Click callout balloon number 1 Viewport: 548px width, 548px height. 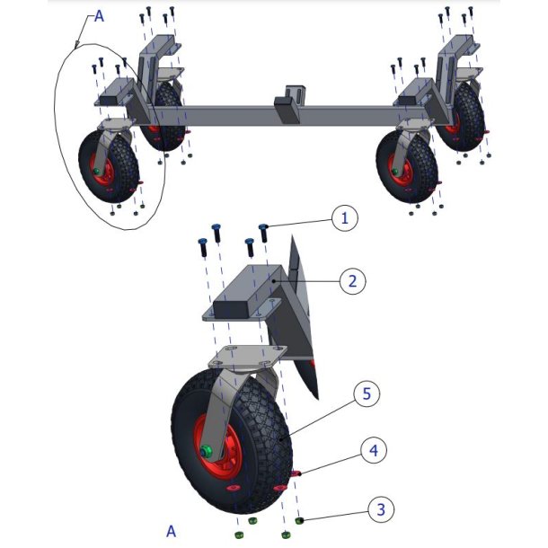pyautogui.click(x=344, y=218)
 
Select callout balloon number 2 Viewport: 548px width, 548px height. pyautogui.click(x=352, y=281)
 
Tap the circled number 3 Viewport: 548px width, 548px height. pyautogui.click(x=381, y=509)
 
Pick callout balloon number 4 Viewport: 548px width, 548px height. pyautogui.click(x=374, y=450)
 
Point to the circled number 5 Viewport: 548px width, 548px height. pyautogui.click(x=367, y=393)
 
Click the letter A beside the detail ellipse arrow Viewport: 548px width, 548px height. pyautogui.click(x=99, y=16)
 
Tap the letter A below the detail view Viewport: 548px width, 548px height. pyautogui.click(x=171, y=532)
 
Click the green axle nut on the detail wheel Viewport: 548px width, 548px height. pyautogui.click(x=207, y=452)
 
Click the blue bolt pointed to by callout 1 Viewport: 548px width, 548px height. pyautogui.click(x=264, y=233)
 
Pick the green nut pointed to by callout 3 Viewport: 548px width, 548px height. pyautogui.click(x=299, y=521)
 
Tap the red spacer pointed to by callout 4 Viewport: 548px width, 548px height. pyautogui.click(x=296, y=473)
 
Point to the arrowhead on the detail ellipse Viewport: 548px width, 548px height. pyautogui.click(x=77, y=44)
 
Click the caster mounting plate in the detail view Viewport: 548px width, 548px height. pyautogui.click(x=247, y=357)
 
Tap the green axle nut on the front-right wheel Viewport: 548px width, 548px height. pyautogui.click(x=395, y=172)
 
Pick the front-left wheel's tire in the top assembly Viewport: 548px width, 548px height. pyautogui.click(x=109, y=166)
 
